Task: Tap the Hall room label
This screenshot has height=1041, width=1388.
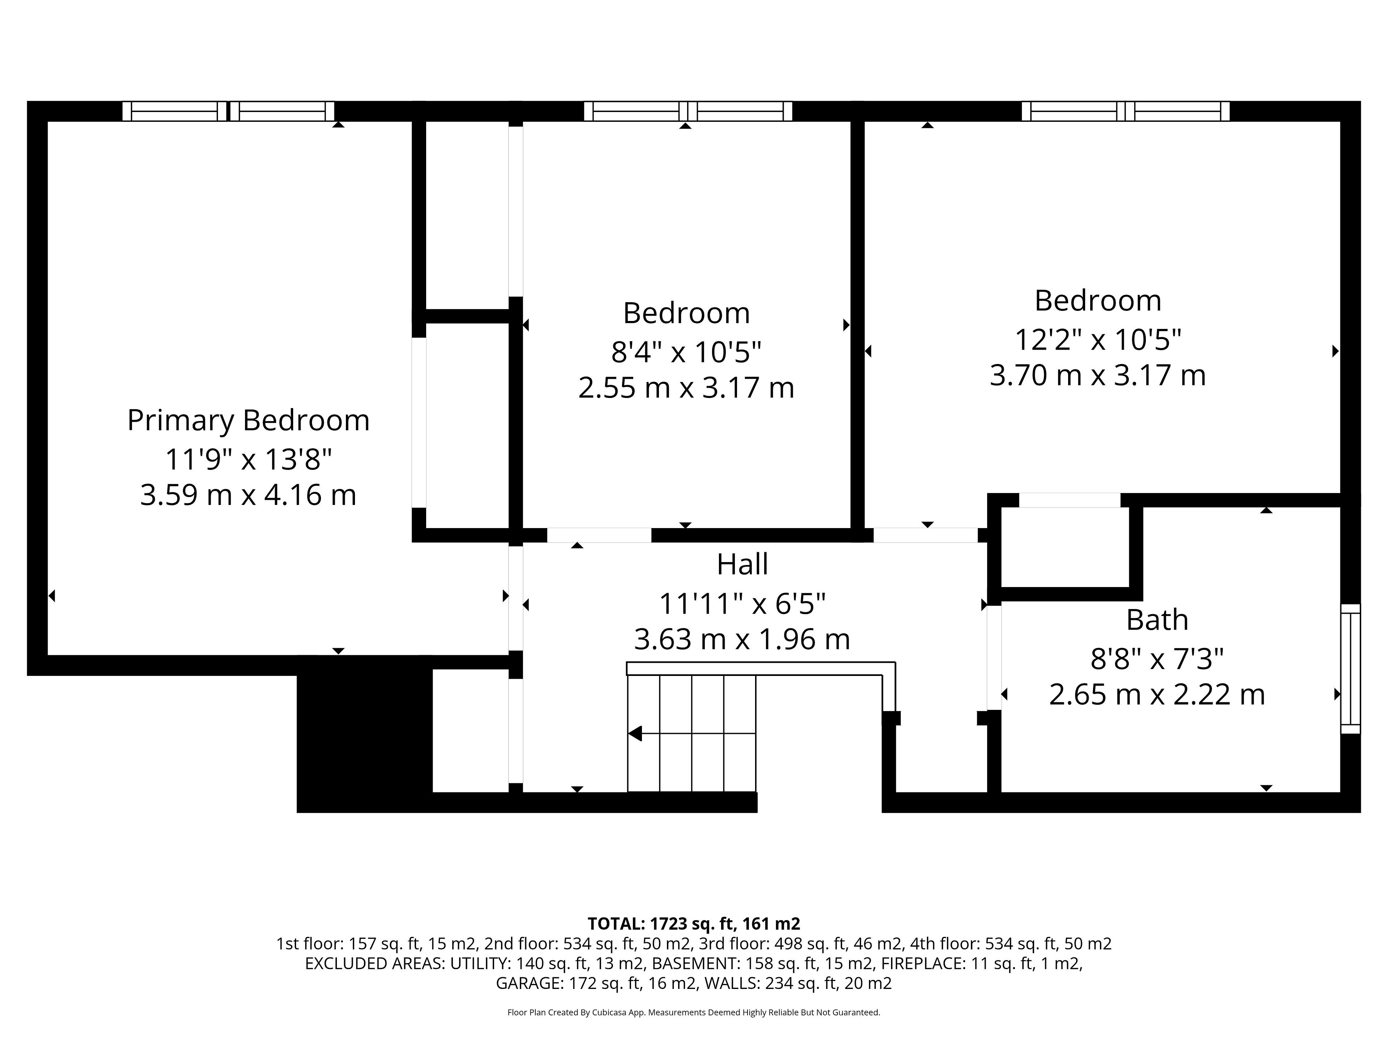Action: [x=742, y=564]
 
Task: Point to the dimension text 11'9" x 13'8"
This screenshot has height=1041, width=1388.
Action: [x=248, y=459]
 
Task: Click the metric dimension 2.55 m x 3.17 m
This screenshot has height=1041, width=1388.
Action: [x=686, y=388]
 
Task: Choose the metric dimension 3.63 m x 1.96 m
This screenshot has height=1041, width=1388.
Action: [x=742, y=639]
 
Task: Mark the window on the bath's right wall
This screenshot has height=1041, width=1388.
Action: [x=1350, y=669]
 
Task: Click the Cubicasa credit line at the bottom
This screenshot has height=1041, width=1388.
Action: [x=693, y=1012]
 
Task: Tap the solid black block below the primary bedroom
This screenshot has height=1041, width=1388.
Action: [x=365, y=734]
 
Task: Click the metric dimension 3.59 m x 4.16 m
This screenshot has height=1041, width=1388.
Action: [x=248, y=495]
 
